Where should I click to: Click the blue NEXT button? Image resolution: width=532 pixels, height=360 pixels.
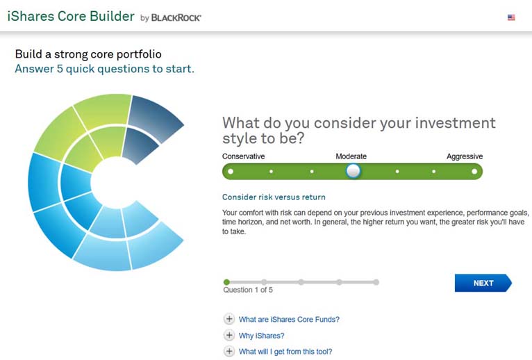pyautogui.click(x=483, y=283)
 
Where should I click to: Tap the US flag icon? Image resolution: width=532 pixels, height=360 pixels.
pyautogui.click(x=511, y=17)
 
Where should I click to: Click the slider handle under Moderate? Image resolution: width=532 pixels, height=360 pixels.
pyautogui.click(x=354, y=171)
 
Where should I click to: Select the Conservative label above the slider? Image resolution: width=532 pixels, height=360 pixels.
pyautogui.click(x=243, y=156)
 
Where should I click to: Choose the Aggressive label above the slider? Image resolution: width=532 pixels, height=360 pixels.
pyautogui.click(x=465, y=156)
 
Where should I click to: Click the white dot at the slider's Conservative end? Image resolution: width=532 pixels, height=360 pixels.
pyautogui.click(x=231, y=171)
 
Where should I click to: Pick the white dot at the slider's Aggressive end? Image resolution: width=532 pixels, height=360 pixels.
pyautogui.click(x=474, y=171)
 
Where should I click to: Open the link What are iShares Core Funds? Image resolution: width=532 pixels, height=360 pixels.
pyautogui.click(x=289, y=319)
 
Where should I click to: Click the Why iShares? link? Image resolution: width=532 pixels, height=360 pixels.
pyautogui.click(x=262, y=336)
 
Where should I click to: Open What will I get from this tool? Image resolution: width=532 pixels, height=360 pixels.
pyautogui.click(x=285, y=352)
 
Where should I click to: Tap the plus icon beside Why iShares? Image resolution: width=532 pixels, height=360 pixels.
pyautogui.click(x=229, y=335)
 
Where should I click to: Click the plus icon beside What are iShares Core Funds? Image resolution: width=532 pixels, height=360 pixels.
pyautogui.click(x=229, y=319)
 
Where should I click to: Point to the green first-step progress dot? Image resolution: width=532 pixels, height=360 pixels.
pyautogui.click(x=226, y=282)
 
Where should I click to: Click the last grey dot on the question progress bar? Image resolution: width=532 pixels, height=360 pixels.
pyautogui.click(x=376, y=282)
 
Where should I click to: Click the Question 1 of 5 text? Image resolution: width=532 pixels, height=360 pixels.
pyautogui.click(x=248, y=290)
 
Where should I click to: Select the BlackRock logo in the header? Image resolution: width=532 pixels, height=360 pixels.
pyautogui.click(x=176, y=17)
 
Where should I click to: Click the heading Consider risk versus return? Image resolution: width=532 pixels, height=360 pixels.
pyautogui.click(x=274, y=197)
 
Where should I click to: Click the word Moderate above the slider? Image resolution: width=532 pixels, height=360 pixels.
pyautogui.click(x=351, y=156)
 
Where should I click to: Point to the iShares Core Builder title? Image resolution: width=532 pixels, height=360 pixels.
pyautogui.click(x=71, y=16)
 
